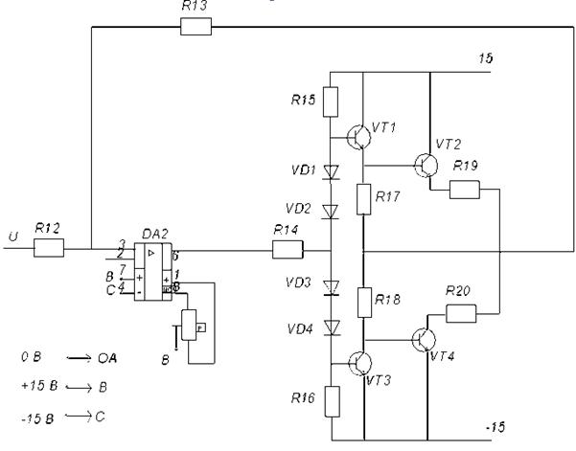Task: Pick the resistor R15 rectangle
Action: click(x=330, y=101)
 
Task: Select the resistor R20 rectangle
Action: click(x=462, y=312)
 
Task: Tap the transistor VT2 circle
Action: click(x=427, y=164)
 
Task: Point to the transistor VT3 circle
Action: click(x=361, y=363)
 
